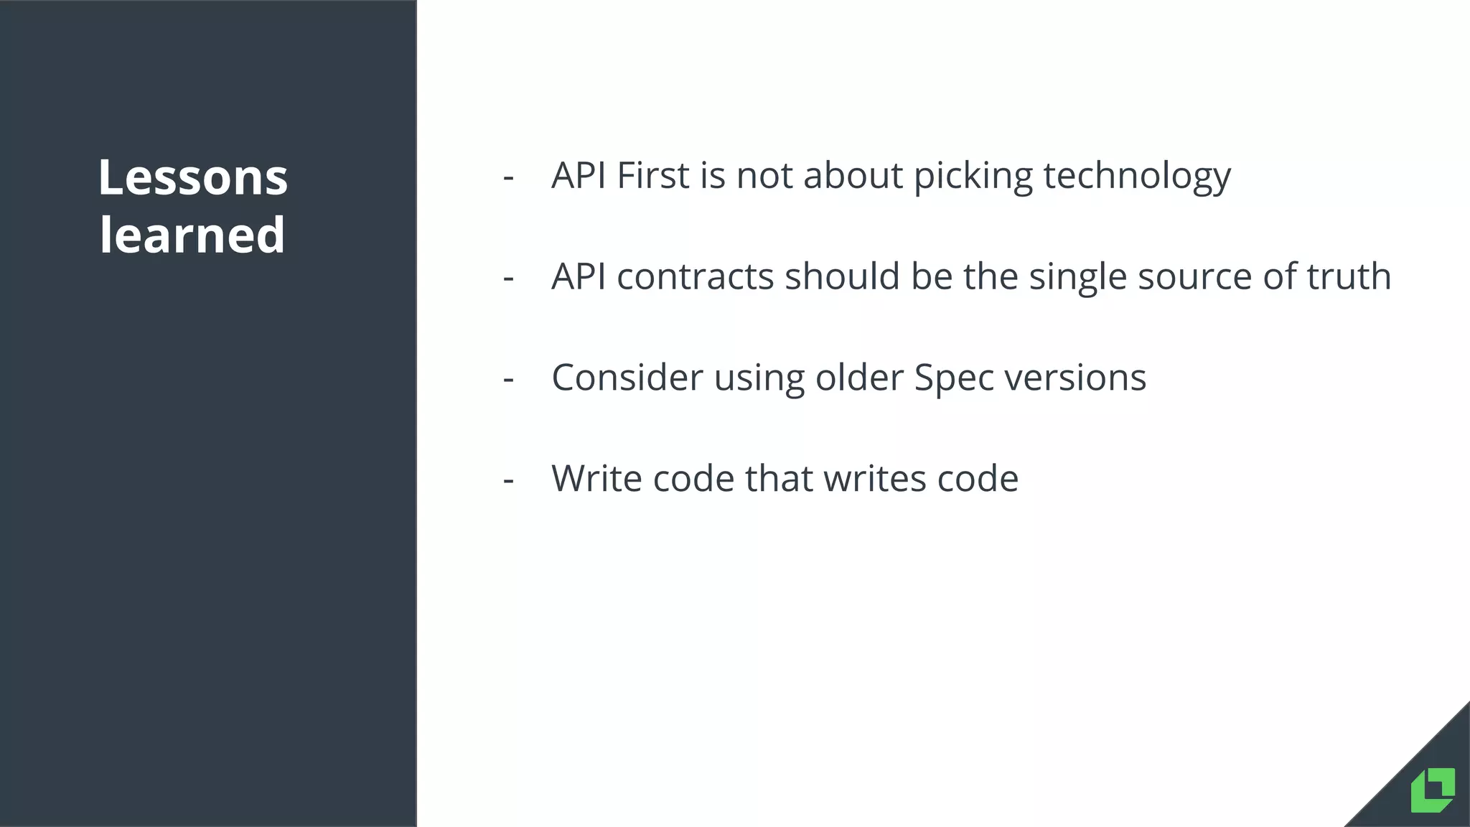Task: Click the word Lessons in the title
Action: (192, 177)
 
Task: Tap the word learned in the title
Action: (192, 235)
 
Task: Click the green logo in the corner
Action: (1433, 790)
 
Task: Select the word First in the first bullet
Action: (652, 175)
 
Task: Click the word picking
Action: (973, 177)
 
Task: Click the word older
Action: (858, 378)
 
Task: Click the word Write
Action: (596, 478)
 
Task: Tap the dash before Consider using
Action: (509, 379)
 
